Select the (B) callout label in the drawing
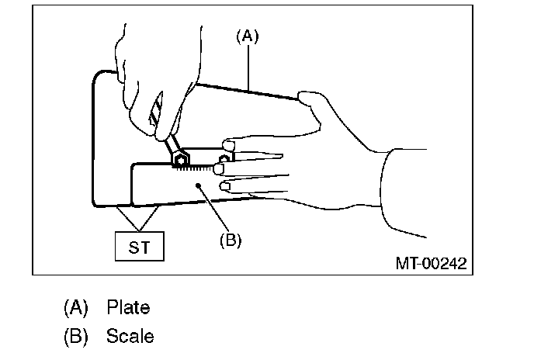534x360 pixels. click(x=230, y=240)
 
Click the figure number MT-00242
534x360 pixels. click(x=430, y=263)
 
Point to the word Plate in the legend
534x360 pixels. click(x=128, y=307)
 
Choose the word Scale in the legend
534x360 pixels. click(x=130, y=336)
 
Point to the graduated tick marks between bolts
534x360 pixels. click(x=203, y=167)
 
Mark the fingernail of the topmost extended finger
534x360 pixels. click(x=229, y=145)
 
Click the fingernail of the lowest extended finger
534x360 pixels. click(x=226, y=186)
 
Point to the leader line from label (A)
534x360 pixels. click(x=248, y=67)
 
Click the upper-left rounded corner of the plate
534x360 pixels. click(x=97, y=75)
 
